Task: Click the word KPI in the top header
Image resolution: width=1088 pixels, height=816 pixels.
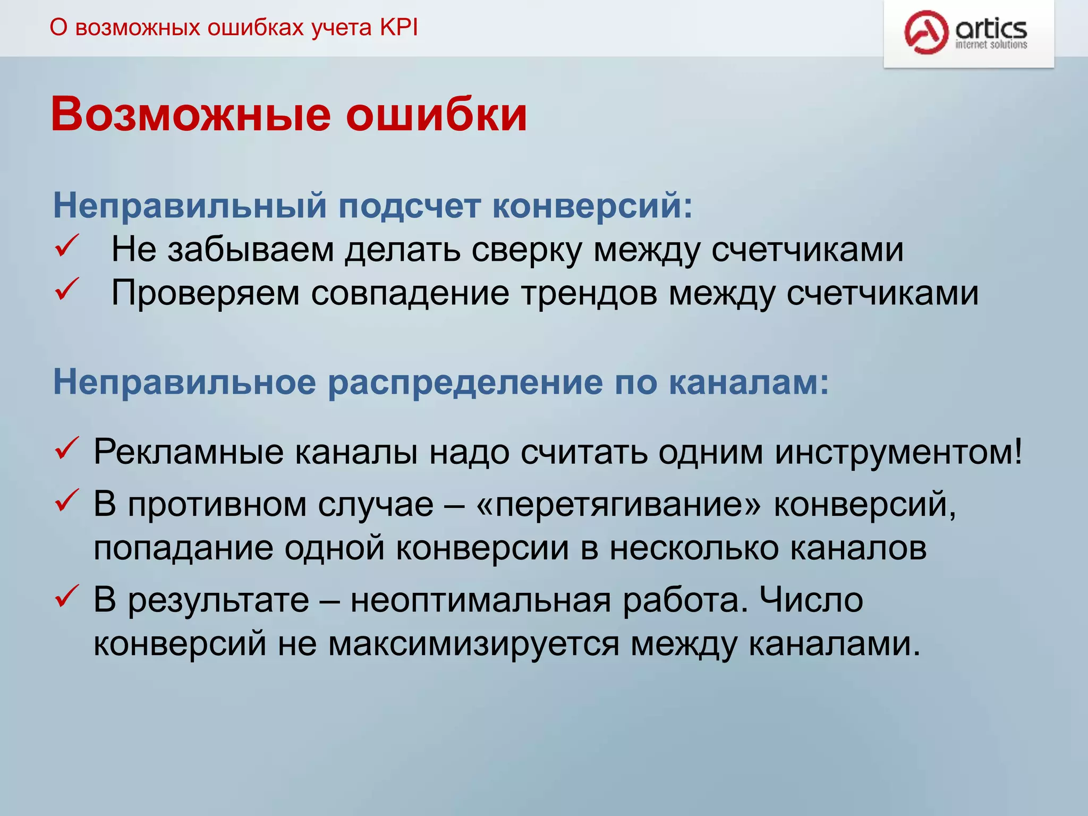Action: [x=398, y=28]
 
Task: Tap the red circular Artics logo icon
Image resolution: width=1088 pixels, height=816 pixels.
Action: [x=926, y=32]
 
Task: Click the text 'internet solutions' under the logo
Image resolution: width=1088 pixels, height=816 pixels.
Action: [x=991, y=45]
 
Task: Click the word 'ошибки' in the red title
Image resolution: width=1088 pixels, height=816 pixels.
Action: [x=436, y=114]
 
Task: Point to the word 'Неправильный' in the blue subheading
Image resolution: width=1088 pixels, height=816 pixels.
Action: [x=190, y=206]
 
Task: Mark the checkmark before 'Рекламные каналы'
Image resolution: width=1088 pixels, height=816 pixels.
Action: [x=67, y=448]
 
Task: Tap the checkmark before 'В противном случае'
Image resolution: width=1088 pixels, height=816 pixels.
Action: [x=67, y=500]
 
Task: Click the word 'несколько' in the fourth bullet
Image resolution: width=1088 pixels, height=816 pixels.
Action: [x=693, y=548]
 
